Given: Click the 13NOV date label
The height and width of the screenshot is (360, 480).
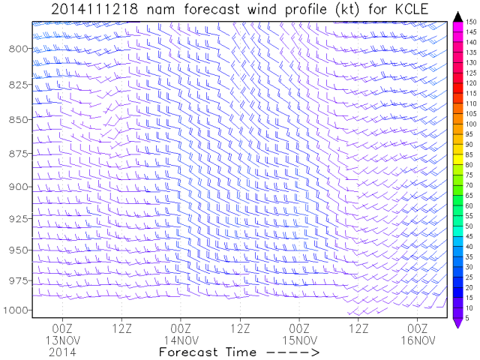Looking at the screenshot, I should click(62, 340).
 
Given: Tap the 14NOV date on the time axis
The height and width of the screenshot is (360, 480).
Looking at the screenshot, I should click(181, 340).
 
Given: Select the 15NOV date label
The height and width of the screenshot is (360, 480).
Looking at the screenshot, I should click(299, 340).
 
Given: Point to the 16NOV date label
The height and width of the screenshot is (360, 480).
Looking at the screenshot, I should click(417, 340).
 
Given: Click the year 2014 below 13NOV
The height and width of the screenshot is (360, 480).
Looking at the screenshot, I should click(62, 350).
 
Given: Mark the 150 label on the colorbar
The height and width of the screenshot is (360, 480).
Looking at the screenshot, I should click(469, 22).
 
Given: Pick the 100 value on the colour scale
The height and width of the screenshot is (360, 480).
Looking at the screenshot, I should click(469, 124).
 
